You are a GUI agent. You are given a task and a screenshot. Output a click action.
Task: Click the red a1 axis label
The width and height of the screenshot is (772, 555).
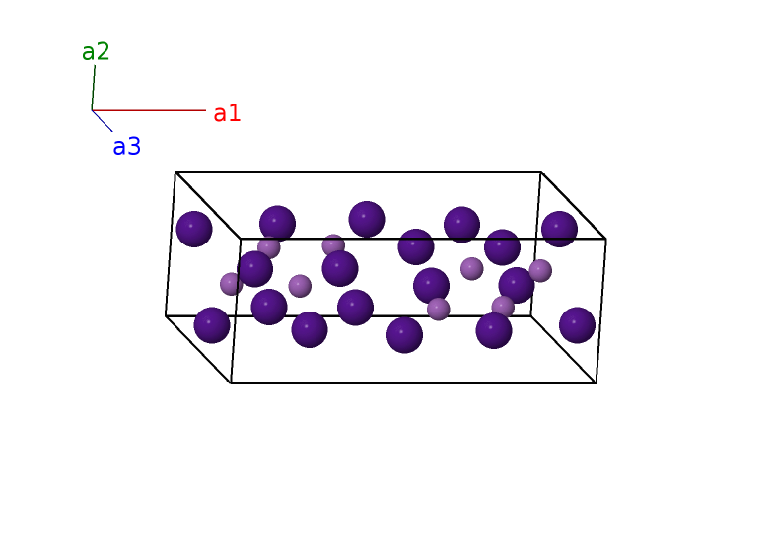(227, 113)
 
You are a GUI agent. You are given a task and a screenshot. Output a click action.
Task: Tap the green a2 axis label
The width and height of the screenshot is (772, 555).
(96, 52)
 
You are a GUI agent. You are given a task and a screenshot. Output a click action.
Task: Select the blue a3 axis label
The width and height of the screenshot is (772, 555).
(126, 147)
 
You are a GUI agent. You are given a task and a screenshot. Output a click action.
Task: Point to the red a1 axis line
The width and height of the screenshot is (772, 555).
(148, 110)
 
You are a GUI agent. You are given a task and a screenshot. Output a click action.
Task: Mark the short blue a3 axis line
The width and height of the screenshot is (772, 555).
(103, 121)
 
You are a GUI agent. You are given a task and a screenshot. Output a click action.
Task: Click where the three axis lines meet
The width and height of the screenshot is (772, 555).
(92, 110)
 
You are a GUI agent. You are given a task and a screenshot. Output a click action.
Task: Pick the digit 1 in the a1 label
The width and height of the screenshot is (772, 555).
(235, 113)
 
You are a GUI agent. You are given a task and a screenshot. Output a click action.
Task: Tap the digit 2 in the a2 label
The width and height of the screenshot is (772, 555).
(104, 52)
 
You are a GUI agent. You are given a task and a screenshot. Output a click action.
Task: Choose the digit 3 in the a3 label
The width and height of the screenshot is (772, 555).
(134, 147)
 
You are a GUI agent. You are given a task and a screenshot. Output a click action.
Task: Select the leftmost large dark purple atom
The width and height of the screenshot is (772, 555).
(194, 229)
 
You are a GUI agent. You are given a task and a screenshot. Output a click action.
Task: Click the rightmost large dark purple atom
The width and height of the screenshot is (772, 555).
(577, 324)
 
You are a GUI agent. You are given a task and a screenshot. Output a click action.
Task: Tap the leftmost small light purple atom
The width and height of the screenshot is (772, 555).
(231, 284)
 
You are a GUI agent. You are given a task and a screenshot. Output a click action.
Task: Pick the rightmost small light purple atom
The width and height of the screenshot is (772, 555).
(540, 270)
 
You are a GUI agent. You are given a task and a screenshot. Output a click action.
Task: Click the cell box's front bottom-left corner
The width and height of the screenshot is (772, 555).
(231, 382)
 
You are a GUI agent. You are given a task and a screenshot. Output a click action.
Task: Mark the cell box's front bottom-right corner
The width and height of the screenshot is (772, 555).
(596, 382)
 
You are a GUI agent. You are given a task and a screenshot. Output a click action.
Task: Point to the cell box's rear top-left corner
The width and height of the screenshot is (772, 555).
(175, 172)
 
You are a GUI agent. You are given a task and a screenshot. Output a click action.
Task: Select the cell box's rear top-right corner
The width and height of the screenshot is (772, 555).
(540, 172)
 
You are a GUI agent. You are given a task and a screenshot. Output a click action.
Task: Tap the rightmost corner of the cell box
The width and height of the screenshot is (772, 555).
(605, 239)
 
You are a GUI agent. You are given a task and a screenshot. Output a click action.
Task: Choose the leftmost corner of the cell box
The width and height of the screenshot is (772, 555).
(166, 315)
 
